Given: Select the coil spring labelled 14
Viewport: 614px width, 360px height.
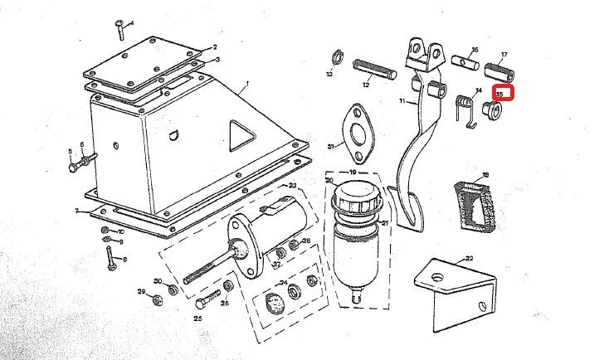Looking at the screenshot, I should tap(466, 108).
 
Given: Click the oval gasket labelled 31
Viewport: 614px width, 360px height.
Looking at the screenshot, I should tap(358, 136).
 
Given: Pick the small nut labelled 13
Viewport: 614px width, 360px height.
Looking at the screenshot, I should tap(338, 59).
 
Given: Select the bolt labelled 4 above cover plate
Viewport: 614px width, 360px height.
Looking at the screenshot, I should tap(120, 30).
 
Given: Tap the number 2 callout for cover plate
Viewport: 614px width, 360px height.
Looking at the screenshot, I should tap(214, 47).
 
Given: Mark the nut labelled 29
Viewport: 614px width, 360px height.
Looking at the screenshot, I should tap(153, 293).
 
